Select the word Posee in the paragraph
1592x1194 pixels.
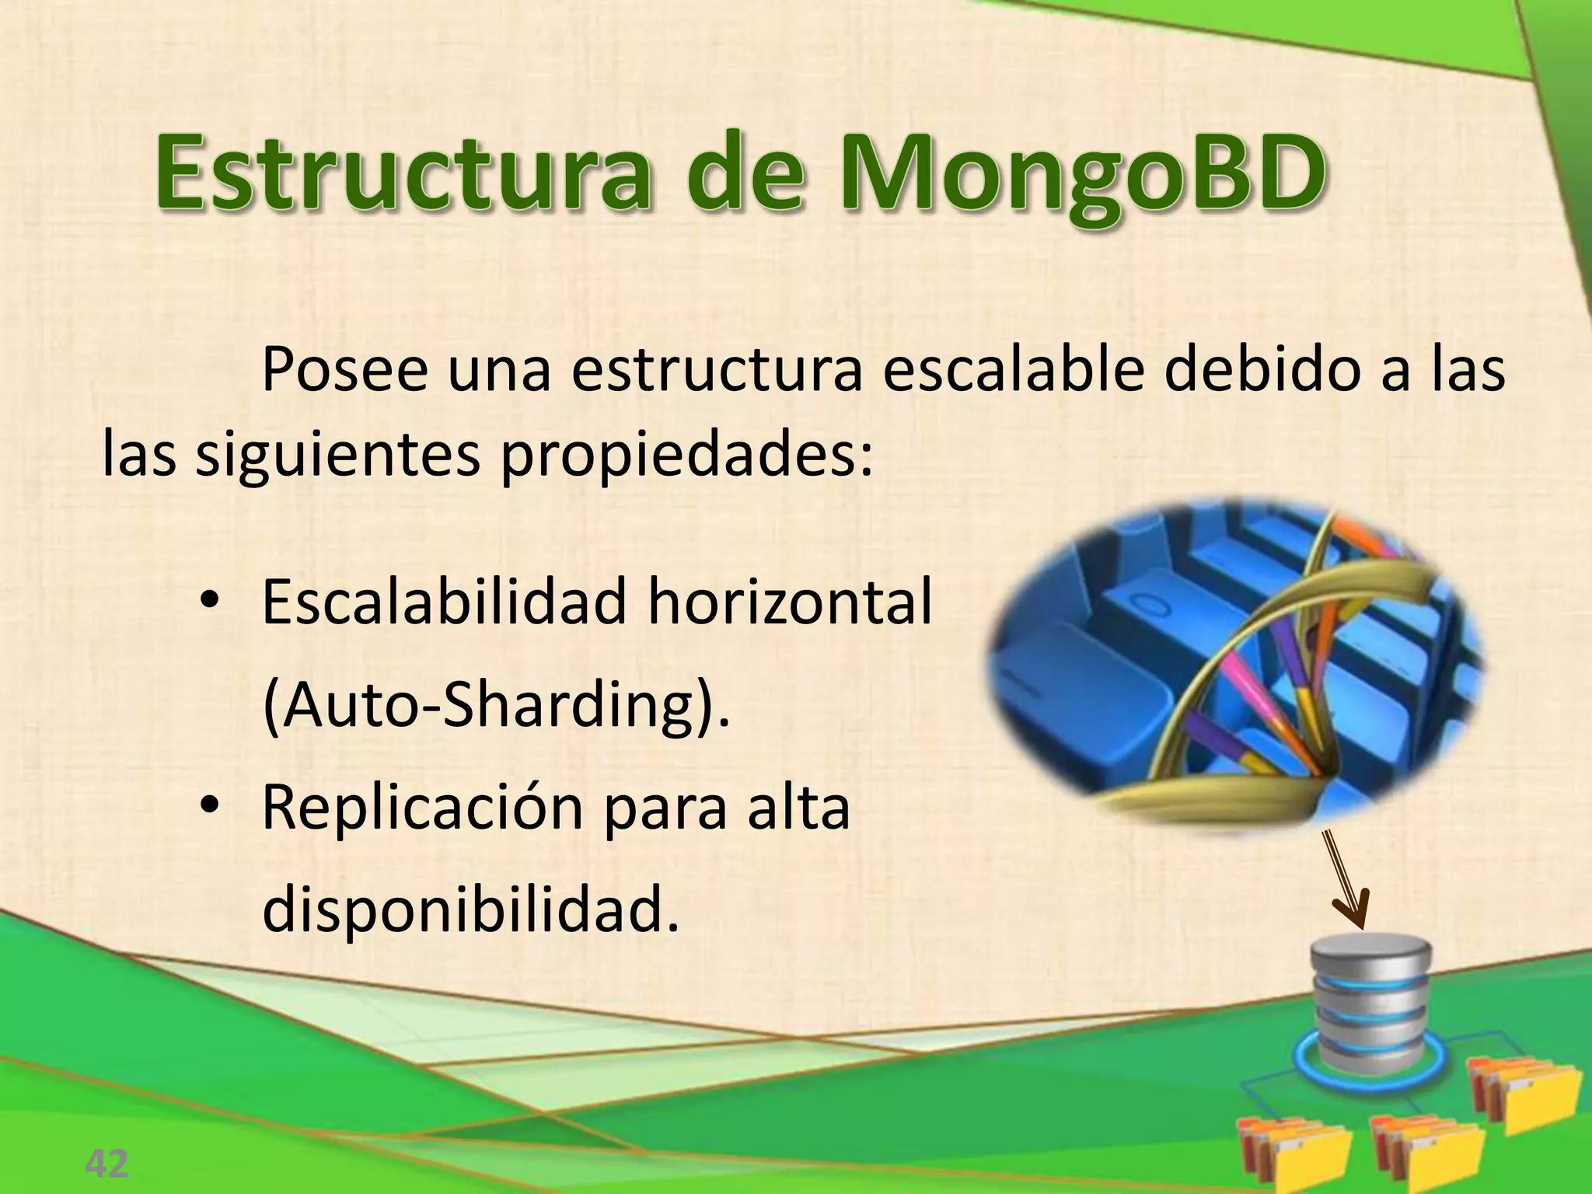pyautogui.click(x=344, y=371)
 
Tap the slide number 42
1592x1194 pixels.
pyautogui.click(x=106, y=1164)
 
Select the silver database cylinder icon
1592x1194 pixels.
pyautogui.click(x=1370, y=1003)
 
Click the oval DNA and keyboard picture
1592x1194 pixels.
pyautogui.click(x=1236, y=665)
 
